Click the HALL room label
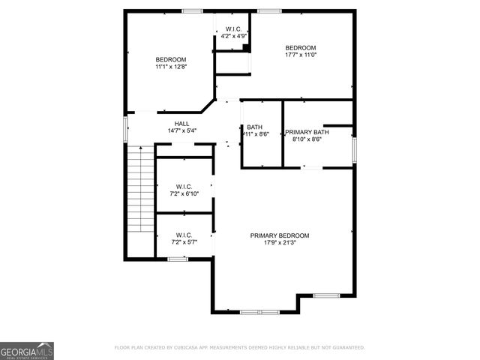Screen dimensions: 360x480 (182, 124)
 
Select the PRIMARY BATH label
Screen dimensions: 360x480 (303, 132)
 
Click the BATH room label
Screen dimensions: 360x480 (254, 127)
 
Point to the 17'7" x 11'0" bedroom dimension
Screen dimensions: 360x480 (301, 55)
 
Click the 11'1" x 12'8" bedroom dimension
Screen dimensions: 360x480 (171, 67)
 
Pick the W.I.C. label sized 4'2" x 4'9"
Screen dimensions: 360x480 (232, 29)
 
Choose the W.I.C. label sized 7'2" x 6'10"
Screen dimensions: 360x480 (184, 186)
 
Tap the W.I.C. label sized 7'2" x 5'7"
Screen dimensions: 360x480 (184, 235)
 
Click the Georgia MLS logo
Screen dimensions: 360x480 (27, 350)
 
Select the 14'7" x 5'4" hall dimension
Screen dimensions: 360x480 (182, 131)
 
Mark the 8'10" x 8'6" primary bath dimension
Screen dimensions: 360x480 (303, 139)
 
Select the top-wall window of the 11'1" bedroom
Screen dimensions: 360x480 (192, 10)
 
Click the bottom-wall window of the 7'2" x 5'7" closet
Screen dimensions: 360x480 (177, 259)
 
